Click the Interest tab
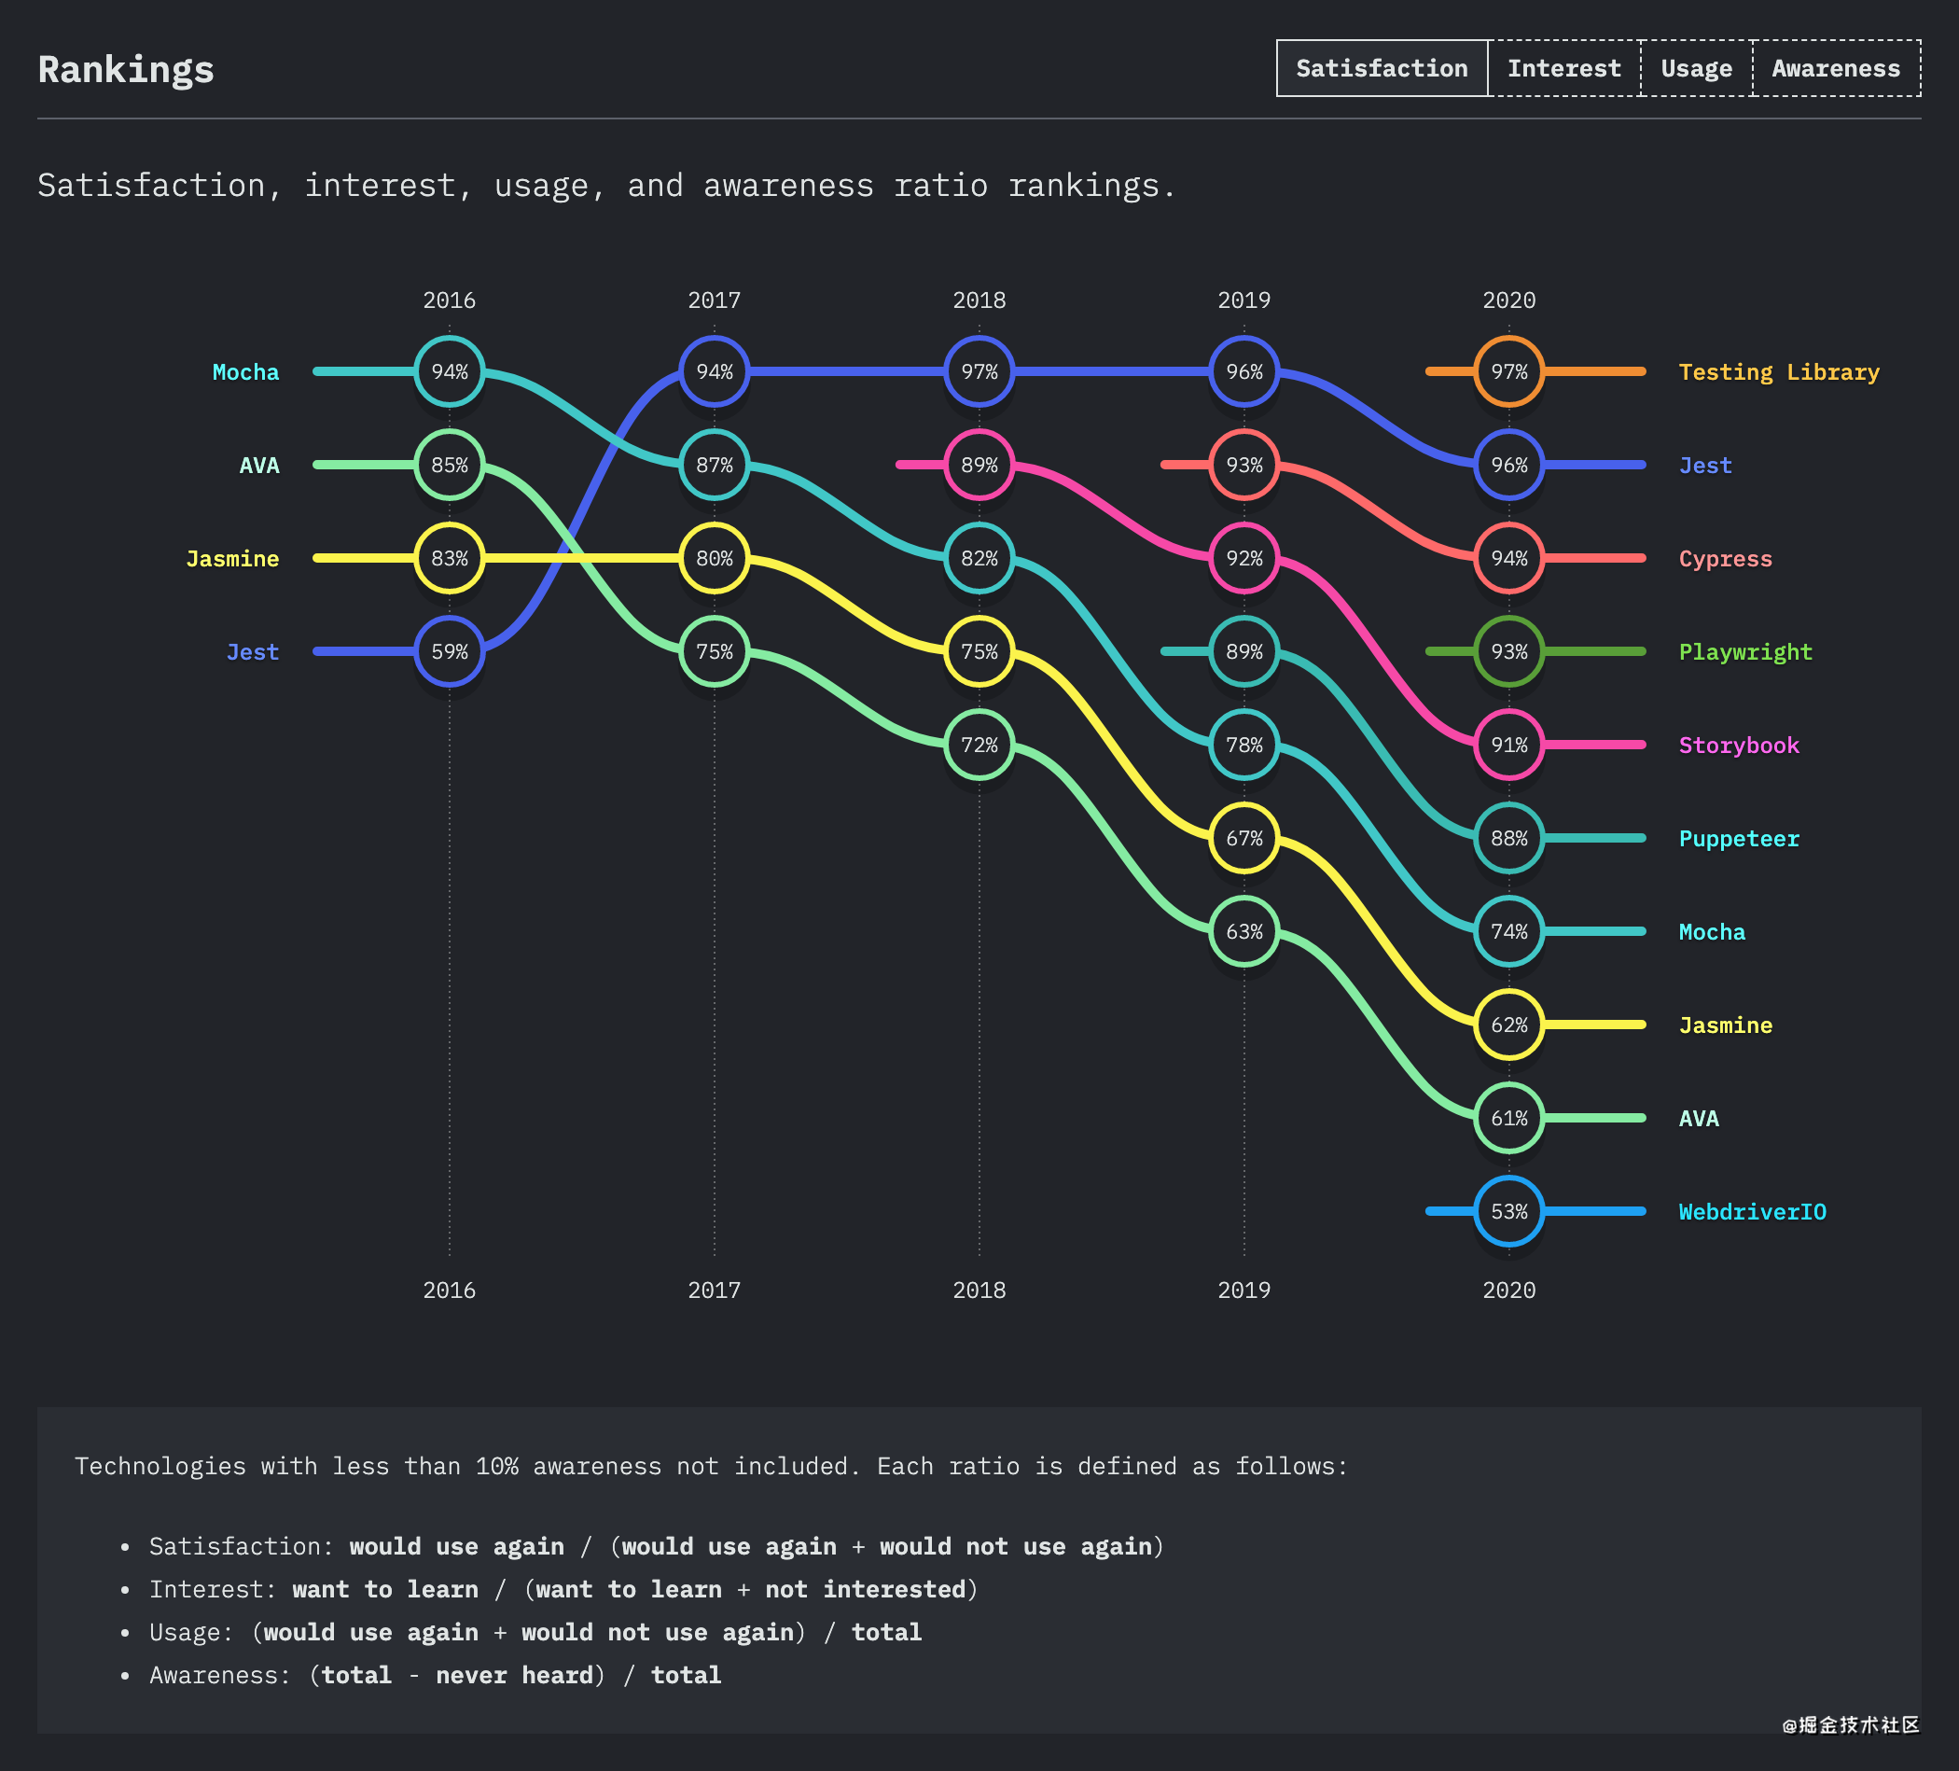[1563, 68]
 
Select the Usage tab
[1696, 68]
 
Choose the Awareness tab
[1836, 68]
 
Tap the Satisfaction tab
[1382, 68]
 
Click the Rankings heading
[125, 70]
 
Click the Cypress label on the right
[1726, 559]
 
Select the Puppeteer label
[1740, 839]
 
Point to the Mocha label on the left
[246, 372]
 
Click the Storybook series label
[1740, 746]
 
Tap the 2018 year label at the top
[979, 300]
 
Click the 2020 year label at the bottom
[1509, 1290]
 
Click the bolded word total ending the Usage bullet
[886, 1632]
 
